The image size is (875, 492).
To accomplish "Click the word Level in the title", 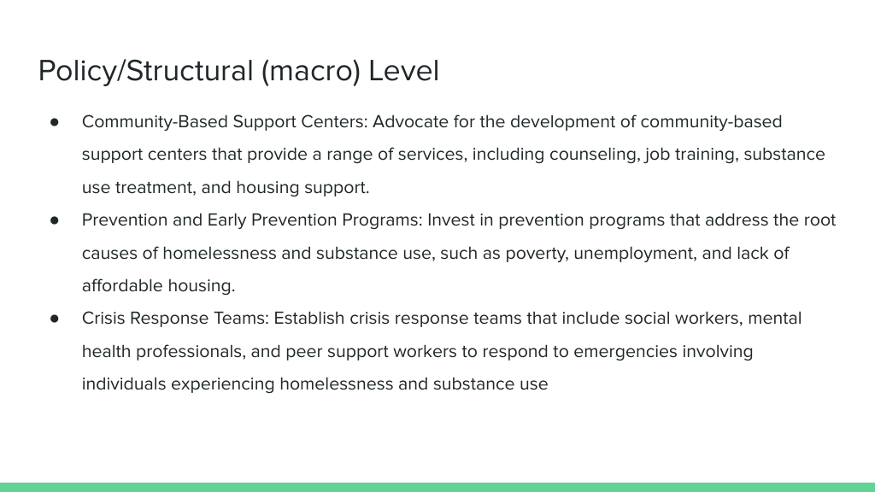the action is [x=404, y=71].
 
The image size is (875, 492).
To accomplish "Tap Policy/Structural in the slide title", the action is [x=145, y=72].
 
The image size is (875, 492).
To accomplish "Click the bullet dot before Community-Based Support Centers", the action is [x=54, y=122].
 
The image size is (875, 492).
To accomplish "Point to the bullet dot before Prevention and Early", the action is [x=54, y=220].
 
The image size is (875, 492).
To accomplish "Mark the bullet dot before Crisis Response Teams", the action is [x=54, y=319].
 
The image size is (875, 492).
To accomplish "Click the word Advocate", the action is [x=410, y=121].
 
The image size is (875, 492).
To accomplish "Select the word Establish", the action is [x=309, y=318].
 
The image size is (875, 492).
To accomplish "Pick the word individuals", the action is [x=124, y=384].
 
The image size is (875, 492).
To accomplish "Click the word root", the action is [x=819, y=220].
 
